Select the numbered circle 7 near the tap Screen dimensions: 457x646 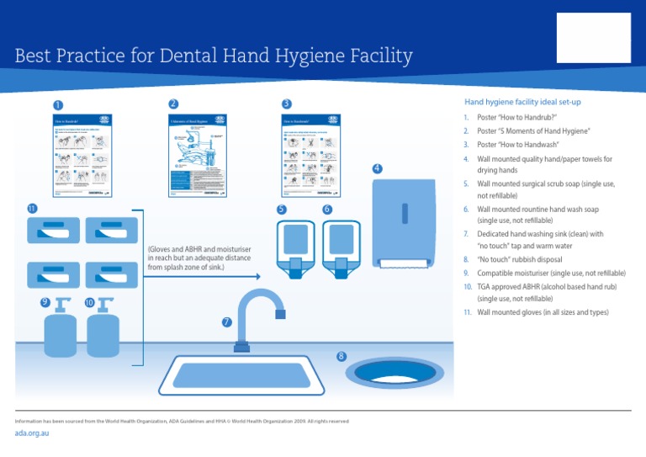[x=226, y=322]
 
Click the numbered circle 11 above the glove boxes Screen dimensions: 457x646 [x=31, y=208]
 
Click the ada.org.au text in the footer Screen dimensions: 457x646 [x=34, y=433]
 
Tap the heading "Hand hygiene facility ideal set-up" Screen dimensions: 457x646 [x=517, y=102]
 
